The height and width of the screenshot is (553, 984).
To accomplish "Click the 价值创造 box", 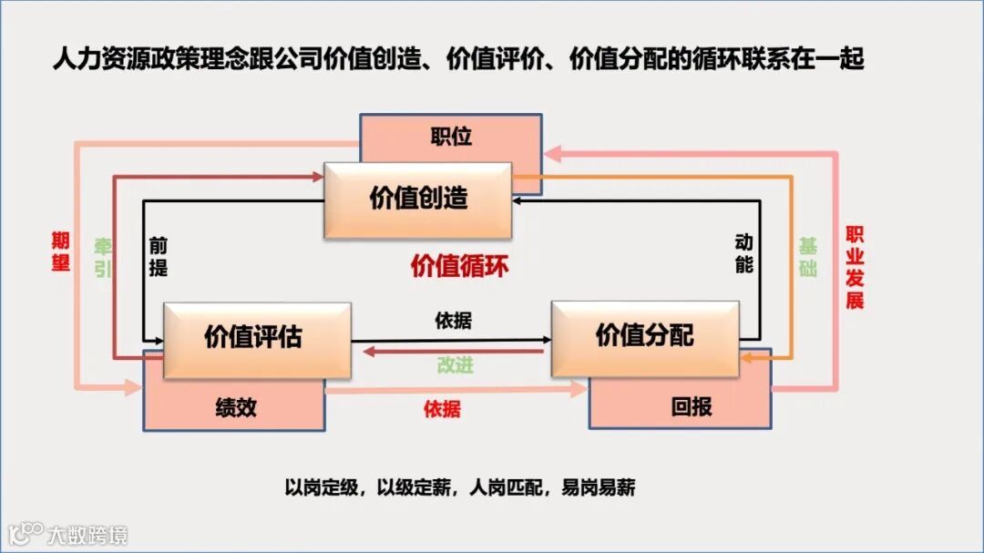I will tap(418, 200).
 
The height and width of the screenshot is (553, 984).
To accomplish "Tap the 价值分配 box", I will tap(645, 334).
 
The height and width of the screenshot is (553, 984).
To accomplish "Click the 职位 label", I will tap(451, 137).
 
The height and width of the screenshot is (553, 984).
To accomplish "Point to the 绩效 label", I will tap(236, 407).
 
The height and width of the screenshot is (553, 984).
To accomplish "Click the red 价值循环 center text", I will tap(459, 267).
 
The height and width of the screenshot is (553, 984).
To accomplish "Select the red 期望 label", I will tap(61, 252).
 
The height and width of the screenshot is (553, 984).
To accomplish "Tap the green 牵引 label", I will tap(103, 258).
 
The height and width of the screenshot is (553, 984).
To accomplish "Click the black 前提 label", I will tap(159, 258).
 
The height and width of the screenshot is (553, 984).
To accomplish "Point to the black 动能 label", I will tap(743, 254).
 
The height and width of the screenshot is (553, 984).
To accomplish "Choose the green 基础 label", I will tap(807, 258).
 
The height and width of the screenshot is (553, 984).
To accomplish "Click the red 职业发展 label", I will tap(855, 268).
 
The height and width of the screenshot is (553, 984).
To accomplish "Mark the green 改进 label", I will tap(455, 365).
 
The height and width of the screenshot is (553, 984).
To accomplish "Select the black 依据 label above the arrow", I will tap(454, 322).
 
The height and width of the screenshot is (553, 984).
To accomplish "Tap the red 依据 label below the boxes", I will tap(442, 409).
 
